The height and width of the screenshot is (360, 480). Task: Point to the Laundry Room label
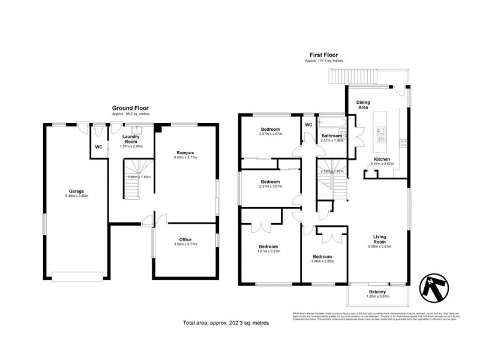click(130, 139)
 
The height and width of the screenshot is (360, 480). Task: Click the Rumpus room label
click(185, 152)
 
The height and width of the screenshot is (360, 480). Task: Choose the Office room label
click(185, 239)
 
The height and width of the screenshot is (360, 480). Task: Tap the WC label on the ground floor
click(99, 146)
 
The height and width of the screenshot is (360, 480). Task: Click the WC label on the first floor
click(309, 125)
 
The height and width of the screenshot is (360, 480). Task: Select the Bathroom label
click(331, 136)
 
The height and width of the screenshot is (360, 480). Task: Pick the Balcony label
click(377, 292)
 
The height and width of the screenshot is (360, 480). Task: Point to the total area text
click(226, 323)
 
